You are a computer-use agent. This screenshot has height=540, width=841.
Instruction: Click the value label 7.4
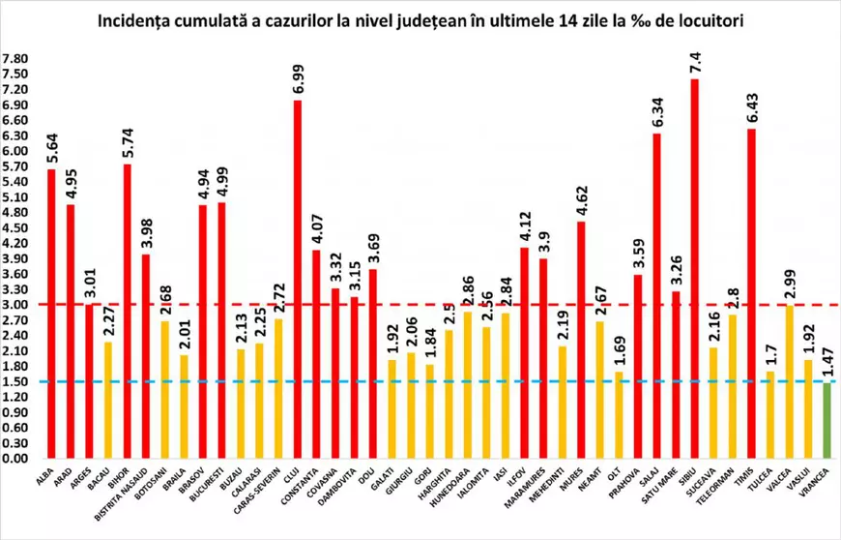point(695,60)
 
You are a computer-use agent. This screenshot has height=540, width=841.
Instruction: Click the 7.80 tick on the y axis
point(16,59)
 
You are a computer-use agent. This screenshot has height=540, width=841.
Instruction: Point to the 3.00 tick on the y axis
point(16,305)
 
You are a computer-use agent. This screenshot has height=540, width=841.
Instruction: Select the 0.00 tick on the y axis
point(16,459)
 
